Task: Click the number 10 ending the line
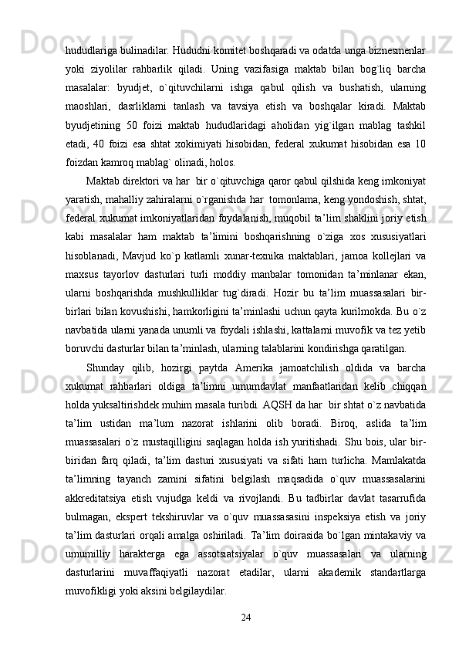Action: (x=420, y=147)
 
